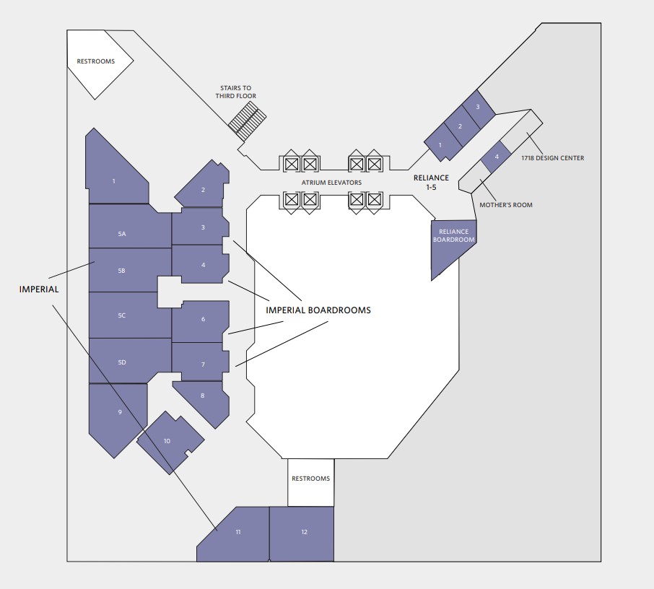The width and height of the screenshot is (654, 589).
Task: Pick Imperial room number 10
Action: pyautogui.click(x=168, y=440)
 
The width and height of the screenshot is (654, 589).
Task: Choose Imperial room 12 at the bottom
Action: pyautogui.click(x=303, y=533)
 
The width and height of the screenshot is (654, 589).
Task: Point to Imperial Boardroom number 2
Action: pyautogui.click(x=203, y=190)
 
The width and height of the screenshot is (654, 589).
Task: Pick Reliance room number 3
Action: pyautogui.click(x=477, y=107)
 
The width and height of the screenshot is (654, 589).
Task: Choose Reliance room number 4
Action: pyautogui.click(x=496, y=157)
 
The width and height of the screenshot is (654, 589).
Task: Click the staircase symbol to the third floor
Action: pyautogui.click(x=248, y=119)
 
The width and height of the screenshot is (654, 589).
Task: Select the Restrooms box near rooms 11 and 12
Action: pyautogui.click(x=310, y=479)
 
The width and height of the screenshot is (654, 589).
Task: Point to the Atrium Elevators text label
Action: pyautogui.click(x=332, y=183)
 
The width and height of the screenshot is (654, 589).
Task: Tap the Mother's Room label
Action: pyautogui.click(x=506, y=205)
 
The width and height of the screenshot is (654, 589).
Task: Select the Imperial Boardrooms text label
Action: pyautogui.click(x=318, y=310)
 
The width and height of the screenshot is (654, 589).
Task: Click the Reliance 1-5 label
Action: pyautogui.click(x=431, y=182)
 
